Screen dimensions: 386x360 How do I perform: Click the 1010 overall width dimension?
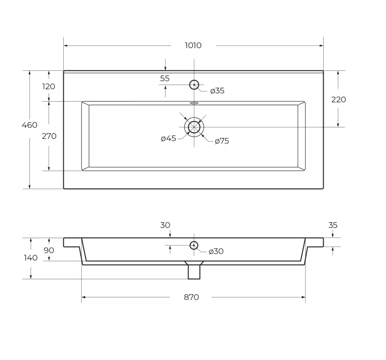coord(193,45)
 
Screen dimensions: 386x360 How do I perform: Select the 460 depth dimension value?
coord(29,125)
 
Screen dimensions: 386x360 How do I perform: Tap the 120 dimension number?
coord(49,86)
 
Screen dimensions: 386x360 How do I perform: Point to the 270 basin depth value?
coord(49,136)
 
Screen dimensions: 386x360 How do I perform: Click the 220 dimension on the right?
coord(338,100)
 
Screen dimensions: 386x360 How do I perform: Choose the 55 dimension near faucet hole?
coord(164,78)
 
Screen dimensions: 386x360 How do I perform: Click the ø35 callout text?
coord(218,91)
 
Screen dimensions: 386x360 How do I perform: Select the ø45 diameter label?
coord(168,139)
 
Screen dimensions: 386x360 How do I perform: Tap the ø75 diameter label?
coord(222,141)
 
